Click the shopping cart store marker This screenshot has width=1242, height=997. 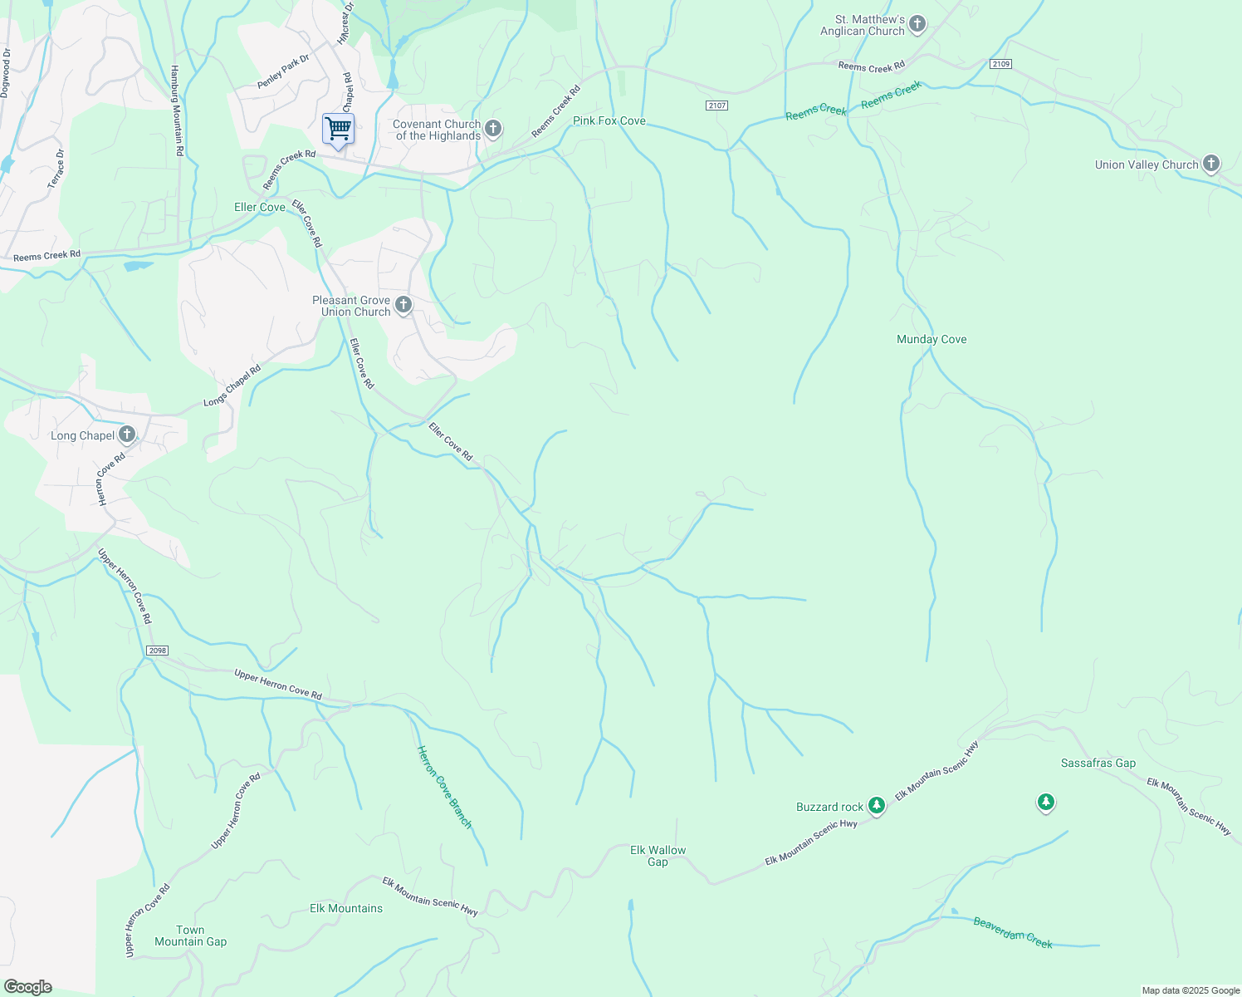click(x=338, y=129)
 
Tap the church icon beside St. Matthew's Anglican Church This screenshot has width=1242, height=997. click(x=917, y=24)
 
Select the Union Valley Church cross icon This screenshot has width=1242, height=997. click(x=1211, y=164)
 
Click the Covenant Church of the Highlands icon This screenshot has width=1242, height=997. click(x=493, y=129)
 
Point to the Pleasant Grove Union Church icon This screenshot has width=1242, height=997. click(x=403, y=305)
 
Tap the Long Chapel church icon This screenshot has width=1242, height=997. click(x=127, y=434)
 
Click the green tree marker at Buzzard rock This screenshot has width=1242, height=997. click(x=876, y=805)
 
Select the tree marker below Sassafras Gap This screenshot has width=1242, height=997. click(x=1046, y=802)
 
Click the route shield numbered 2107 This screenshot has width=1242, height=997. click(x=717, y=106)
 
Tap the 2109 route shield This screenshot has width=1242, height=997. click(x=1000, y=64)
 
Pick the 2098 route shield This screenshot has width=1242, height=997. click(x=157, y=651)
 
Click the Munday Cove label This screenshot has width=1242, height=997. click(x=931, y=339)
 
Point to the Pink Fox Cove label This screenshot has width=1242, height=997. click(x=609, y=120)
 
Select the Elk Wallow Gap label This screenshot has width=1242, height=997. click(x=658, y=856)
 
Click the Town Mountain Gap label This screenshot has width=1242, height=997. click(x=190, y=936)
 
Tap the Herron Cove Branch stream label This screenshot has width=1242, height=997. click(x=444, y=787)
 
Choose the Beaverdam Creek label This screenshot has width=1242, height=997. click(x=1013, y=933)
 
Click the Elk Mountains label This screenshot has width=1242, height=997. click(x=346, y=908)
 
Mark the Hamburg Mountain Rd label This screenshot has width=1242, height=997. click(x=176, y=111)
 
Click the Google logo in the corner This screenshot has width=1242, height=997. click(x=28, y=987)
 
